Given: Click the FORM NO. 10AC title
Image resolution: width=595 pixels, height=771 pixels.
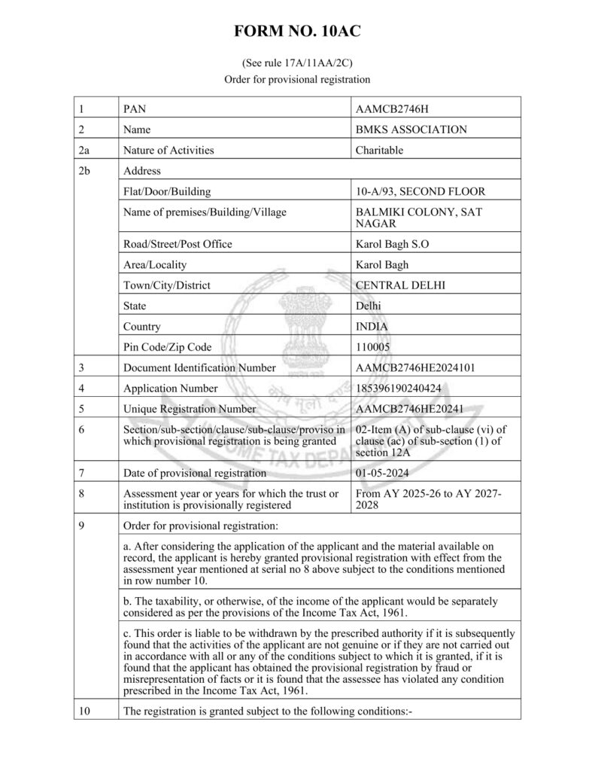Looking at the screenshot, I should [x=297, y=32].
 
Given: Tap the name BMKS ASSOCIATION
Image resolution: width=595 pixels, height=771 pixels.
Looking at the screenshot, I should [x=411, y=130].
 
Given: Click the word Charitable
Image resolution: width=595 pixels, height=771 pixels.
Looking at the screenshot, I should [x=379, y=150].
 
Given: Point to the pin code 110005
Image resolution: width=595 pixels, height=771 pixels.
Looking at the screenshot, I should [x=373, y=347].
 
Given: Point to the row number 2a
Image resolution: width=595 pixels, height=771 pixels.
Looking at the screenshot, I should [x=83, y=150].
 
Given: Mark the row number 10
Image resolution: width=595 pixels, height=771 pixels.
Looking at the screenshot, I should [x=83, y=711].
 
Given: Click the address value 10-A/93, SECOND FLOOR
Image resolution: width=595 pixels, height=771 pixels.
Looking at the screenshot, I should [x=420, y=191].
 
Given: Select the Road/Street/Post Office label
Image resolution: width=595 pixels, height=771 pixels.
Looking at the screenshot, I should [x=178, y=244].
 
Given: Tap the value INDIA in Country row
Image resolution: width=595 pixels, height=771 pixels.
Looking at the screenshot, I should [x=372, y=327].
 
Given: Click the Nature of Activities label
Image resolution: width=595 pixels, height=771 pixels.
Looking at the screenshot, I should [x=168, y=150].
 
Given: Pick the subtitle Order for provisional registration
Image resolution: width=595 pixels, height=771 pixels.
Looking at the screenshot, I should [x=297, y=79].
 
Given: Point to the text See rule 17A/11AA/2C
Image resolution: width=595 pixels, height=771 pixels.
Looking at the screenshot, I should [x=297, y=64].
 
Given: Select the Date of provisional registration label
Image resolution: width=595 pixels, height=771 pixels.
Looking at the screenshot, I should [x=194, y=473].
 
